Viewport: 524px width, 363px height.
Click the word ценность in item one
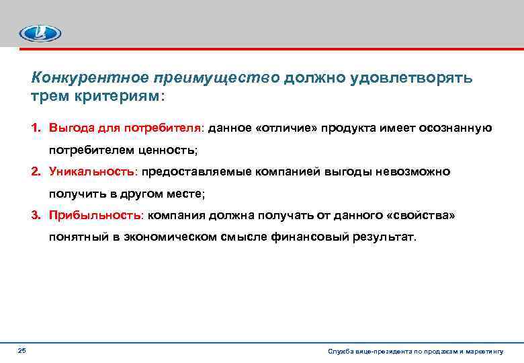pos(171,150)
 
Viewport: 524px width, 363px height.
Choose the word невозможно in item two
pos(417,172)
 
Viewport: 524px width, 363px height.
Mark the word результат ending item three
pos(384,237)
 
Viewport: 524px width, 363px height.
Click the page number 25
pos(21,351)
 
